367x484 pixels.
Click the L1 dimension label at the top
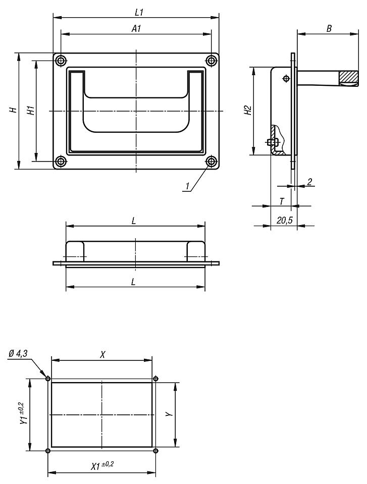[136, 11]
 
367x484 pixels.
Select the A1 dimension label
[136, 29]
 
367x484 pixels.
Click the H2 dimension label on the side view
[246, 111]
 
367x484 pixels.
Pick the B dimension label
[329, 29]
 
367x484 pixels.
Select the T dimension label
[282, 201]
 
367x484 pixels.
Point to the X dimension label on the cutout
[102, 354]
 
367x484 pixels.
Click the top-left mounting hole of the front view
[61, 61]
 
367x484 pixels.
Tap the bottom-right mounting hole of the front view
[211, 162]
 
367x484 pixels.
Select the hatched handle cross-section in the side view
[348, 77]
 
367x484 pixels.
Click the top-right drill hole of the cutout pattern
[155, 379]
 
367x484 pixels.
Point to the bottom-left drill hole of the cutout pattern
[48, 451]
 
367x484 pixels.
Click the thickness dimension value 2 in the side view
[309, 181]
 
